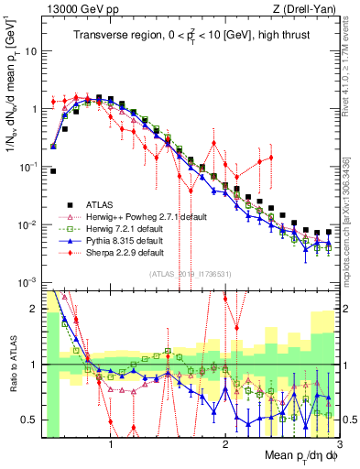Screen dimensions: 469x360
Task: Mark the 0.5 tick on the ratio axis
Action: tap(30, 420)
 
